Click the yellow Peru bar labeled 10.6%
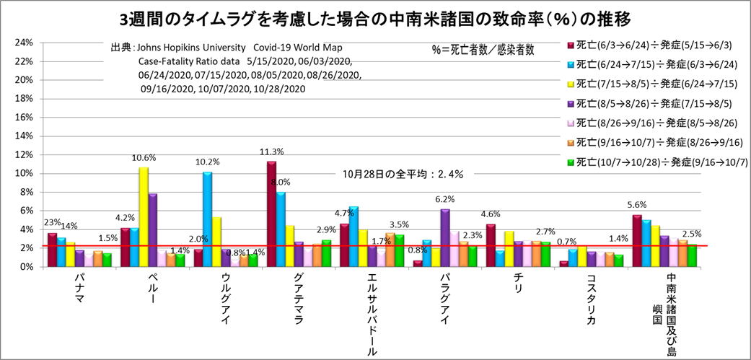(144, 216)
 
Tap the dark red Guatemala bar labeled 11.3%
(271, 214)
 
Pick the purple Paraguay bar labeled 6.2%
(444, 237)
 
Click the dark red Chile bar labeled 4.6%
(491, 245)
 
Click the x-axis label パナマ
(82, 289)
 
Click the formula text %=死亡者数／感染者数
(483, 51)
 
